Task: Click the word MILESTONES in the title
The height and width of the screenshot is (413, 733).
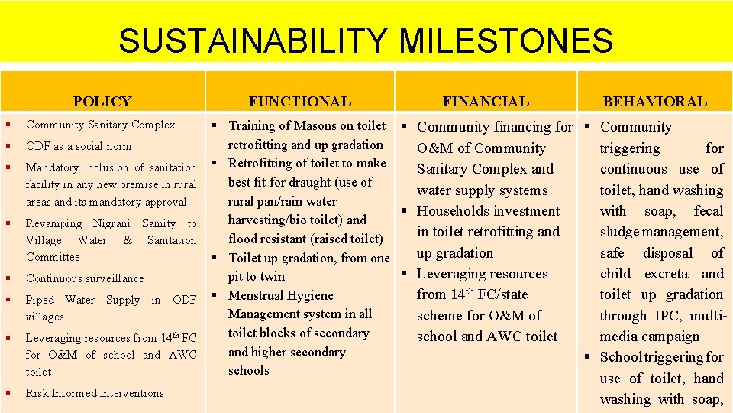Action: pos(505,41)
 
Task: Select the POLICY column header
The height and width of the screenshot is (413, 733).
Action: pos(102,101)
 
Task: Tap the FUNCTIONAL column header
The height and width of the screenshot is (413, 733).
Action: pos(299,101)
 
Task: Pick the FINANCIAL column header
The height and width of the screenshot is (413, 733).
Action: pos(486,101)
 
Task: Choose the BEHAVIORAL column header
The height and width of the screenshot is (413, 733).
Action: pos(654,101)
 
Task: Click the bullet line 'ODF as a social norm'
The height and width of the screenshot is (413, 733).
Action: pos(79,146)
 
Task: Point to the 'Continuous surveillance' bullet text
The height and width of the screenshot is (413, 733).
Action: pos(85,278)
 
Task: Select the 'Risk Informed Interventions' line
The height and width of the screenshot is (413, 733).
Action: pos(95,393)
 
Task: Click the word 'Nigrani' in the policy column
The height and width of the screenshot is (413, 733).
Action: pos(112,223)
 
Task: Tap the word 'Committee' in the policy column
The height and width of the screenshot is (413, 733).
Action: pos(53,257)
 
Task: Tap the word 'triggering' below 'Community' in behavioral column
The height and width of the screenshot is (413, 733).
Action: pos(630,148)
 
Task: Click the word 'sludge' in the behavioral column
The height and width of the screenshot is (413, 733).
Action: pos(621,232)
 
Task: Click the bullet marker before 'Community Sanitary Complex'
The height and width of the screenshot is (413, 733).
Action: pos(7,125)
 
